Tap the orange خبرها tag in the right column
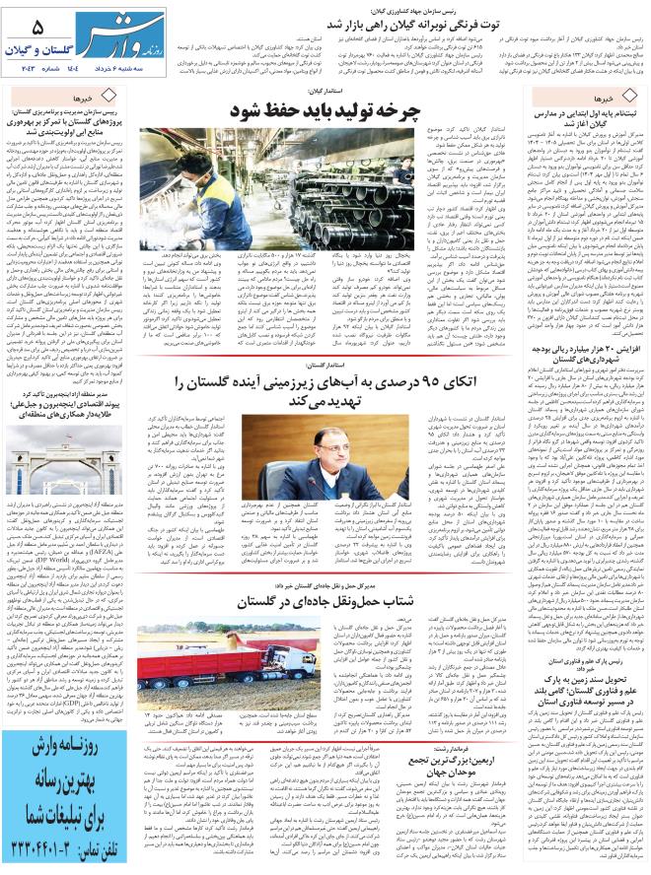click(x=601, y=100)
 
